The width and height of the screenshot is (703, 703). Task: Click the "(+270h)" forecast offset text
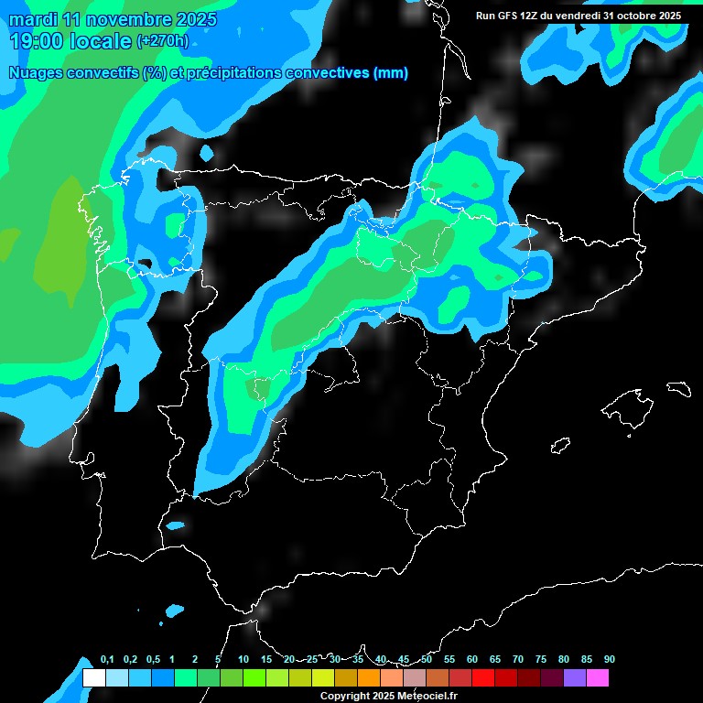click(x=164, y=41)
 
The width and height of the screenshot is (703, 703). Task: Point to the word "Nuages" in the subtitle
click(x=35, y=73)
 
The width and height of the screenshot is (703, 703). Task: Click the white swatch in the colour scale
click(x=93, y=678)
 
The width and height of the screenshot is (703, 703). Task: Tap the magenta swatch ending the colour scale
click(x=597, y=678)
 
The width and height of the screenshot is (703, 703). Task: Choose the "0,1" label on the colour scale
click(x=107, y=660)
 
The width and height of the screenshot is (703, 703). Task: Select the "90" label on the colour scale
click(x=609, y=660)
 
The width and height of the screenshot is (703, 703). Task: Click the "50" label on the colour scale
click(x=427, y=660)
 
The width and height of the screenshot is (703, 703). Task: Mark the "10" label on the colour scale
click(x=243, y=660)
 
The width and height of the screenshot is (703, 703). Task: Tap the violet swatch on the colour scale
click(x=574, y=678)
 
